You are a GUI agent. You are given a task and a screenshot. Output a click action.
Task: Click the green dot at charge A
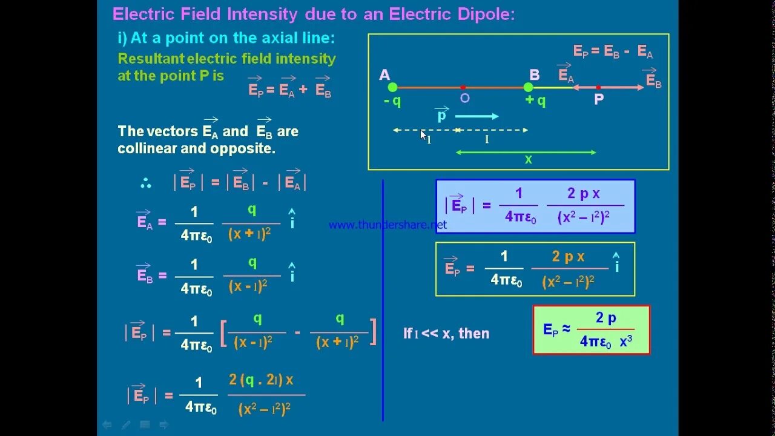click(392, 87)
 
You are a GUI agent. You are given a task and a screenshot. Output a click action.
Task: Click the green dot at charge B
click(529, 87)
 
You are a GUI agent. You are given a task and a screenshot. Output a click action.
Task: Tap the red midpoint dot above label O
click(463, 87)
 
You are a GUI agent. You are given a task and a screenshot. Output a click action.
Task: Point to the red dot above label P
click(598, 87)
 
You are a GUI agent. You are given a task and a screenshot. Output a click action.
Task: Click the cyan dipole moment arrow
click(477, 116)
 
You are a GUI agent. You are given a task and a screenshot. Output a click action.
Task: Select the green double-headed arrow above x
click(526, 152)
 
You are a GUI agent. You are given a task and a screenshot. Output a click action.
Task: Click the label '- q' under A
click(392, 101)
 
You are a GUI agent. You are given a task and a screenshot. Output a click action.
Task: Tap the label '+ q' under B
click(535, 101)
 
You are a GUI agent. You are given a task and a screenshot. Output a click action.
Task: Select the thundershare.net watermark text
click(387, 225)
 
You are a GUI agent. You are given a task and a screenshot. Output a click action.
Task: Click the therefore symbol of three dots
click(145, 183)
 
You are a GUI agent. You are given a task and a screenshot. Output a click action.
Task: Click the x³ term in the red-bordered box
click(626, 341)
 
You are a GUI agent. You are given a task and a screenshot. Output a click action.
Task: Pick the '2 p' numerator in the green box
click(606, 318)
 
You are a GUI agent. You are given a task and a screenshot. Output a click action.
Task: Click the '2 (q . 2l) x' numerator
click(261, 380)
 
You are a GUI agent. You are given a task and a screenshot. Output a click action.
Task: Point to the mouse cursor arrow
click(423, 134)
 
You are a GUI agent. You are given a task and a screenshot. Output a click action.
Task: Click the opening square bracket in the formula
click(223, 332)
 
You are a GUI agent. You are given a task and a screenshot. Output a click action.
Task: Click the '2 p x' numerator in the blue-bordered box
click(583, 193)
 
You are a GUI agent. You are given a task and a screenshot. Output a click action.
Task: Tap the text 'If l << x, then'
click(446, 333)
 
